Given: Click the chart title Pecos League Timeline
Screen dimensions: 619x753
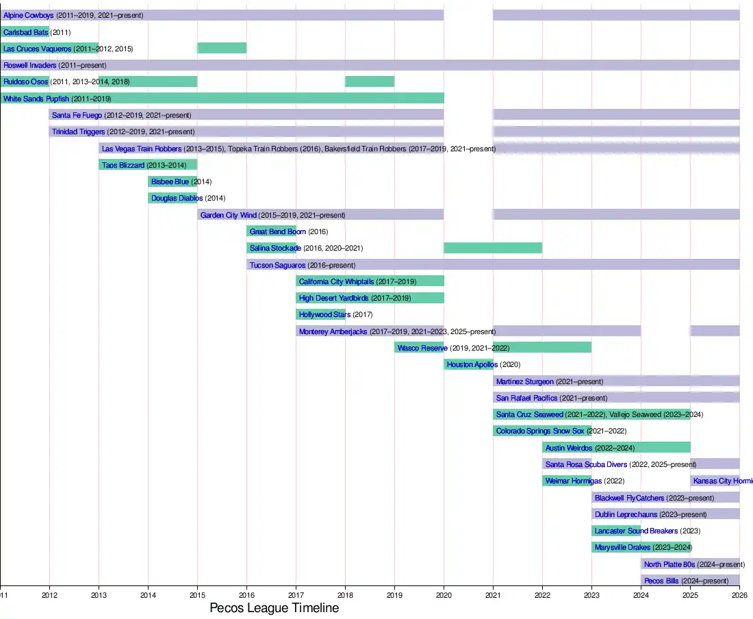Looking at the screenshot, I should (274, 608).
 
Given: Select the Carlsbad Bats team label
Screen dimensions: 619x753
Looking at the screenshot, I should (26, 32).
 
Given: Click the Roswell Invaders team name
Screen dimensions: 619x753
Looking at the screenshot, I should (30, 65).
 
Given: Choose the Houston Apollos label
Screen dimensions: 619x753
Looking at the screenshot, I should (472, 365).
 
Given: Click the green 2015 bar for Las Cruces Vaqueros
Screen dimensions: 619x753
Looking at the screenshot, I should (222, 48).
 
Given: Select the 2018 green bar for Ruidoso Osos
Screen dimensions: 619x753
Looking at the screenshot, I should (370, 81).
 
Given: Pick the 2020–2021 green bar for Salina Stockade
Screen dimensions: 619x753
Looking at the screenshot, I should (493, 248).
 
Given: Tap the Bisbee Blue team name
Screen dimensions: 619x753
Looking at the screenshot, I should (170, 182).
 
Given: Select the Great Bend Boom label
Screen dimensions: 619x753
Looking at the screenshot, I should (278, 231).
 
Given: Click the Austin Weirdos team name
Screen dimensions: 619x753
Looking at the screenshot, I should (569, 448).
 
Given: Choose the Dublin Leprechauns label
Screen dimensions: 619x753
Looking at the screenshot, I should (626, 514).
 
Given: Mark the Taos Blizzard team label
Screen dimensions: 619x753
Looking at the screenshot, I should (123, 165).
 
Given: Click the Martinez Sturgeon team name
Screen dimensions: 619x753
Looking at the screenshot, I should (525, 381).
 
